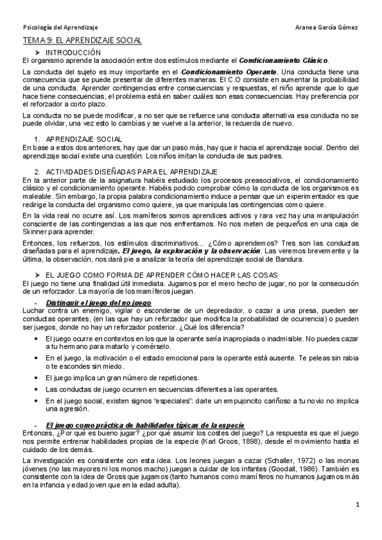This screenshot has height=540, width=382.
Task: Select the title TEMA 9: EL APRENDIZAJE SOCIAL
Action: tap(82, 40)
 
